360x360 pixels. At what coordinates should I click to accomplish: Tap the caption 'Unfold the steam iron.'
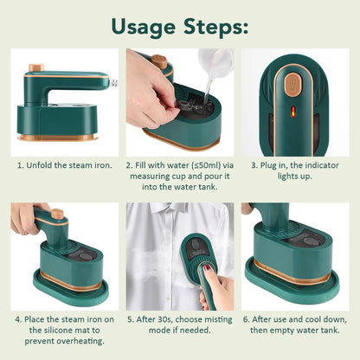pos(63,164)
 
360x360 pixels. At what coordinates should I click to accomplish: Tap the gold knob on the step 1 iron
pos(36,67)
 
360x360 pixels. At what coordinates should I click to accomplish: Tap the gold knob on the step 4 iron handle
pos(57,213)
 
